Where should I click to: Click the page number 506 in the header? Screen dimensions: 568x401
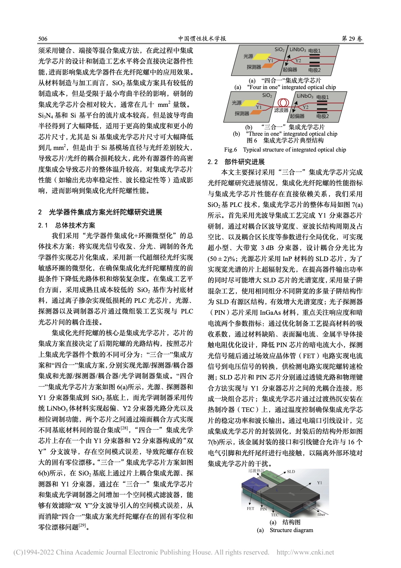pyautogui.click(x=43, y=39)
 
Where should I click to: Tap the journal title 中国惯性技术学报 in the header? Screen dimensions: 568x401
pyautogui.click(x=202, y=39)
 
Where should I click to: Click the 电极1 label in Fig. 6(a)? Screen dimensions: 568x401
pyautogui.click(x=314, y=51)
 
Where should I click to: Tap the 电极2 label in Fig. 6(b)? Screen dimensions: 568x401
pyautogui.click(x=322, y=116)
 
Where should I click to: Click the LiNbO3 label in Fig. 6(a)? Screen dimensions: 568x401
pyautogui.click(x=298, y=50)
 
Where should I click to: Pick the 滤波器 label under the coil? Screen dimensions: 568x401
pyautogui.click(x=281, y=110)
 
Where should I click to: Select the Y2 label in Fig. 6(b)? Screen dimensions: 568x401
pyautogui.click(x=305, y=107)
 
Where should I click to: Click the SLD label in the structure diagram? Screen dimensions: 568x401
pyautogui.click(x=291, y=471)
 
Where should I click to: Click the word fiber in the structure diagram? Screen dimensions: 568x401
pyautogui.click(x=321, y=514)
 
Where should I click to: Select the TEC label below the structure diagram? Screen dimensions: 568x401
pyautogui.click(x=275, y=515)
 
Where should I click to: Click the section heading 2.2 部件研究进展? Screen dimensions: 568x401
pyautogui.click(x=236, y=162)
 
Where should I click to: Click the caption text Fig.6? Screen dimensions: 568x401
pyautogui.click(x=231, y=150)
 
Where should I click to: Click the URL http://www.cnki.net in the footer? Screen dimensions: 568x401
pyautogui.click(x=305, y=552)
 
